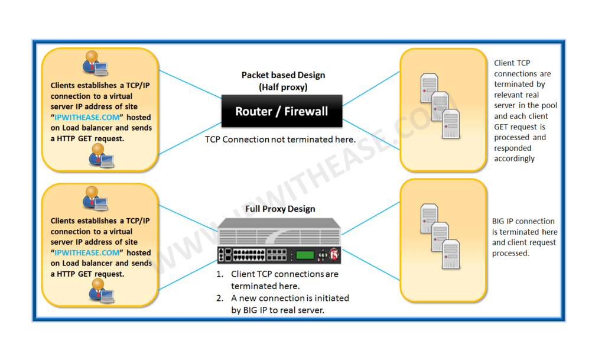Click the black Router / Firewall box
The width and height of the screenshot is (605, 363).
(x=281, y=112)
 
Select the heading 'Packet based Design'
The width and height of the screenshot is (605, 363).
(x=283, y=75)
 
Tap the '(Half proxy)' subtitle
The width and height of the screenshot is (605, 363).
(x=282, y=86)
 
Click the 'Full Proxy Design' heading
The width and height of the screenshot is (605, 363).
(x=280, y=209)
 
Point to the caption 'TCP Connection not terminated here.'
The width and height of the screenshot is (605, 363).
(x=280, y=140)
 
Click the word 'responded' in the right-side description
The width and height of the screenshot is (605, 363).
(x=513, y=148)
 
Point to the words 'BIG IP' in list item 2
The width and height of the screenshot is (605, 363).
(x=255, y=309)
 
